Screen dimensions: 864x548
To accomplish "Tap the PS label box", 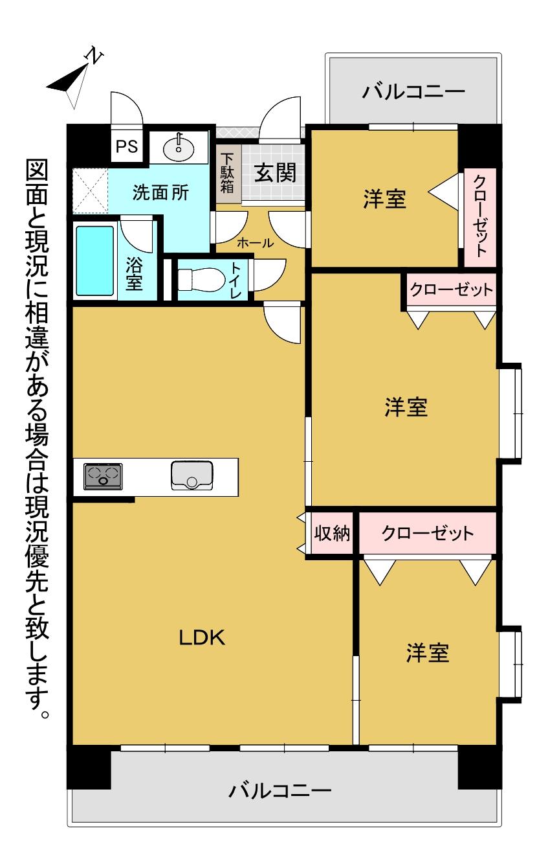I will point(127,146).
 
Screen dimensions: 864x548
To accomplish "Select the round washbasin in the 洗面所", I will point(179,149).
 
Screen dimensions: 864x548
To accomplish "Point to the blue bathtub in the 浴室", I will point(94,258).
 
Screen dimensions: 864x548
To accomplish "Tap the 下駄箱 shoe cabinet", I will point(228,174).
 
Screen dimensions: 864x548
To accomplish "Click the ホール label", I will point(255,244).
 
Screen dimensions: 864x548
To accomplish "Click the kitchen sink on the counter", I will point(192,475).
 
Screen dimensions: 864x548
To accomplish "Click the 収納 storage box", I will point(332,534).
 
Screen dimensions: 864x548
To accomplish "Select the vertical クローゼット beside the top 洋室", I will point(479,217).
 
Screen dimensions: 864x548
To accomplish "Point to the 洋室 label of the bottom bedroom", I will point(428,653).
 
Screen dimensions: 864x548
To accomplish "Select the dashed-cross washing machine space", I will point(90,190).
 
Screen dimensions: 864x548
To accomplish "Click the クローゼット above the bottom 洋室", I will point(428,534).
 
